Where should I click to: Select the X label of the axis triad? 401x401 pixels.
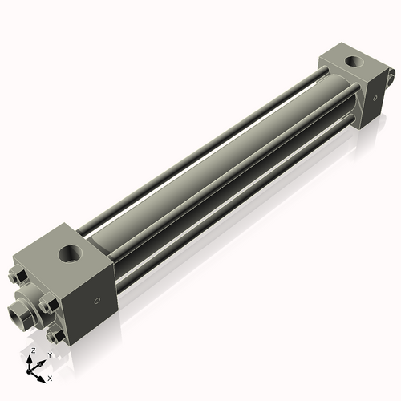click(x=51, y=377)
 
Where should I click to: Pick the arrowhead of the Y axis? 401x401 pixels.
click(x=42, y=362)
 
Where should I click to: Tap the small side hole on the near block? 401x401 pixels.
click(x=98, y=301)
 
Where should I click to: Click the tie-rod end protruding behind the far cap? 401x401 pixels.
click(x=391, y=79)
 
